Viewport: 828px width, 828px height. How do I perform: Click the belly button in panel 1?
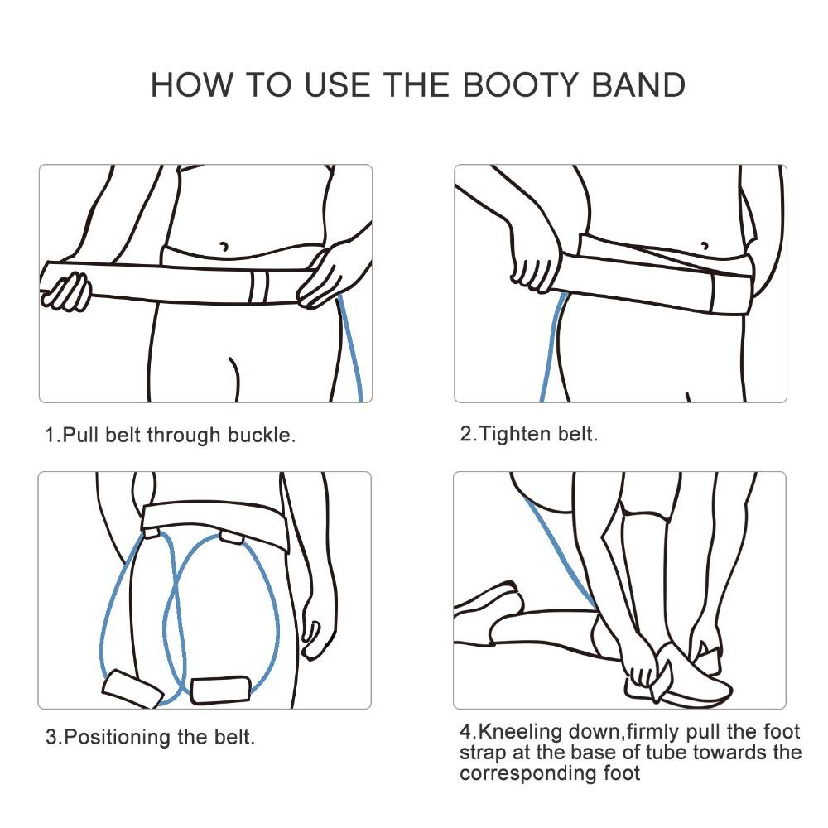[x=223, y=246]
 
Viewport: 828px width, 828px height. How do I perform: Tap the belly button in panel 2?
[x=705, y=245]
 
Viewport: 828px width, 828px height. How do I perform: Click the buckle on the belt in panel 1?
[x=259, y=286]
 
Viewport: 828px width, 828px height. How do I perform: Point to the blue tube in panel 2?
[x=551, y=348]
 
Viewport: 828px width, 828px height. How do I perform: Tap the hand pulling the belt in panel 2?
[x=538, y=265]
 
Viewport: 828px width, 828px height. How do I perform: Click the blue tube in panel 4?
[x=563, y=555]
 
